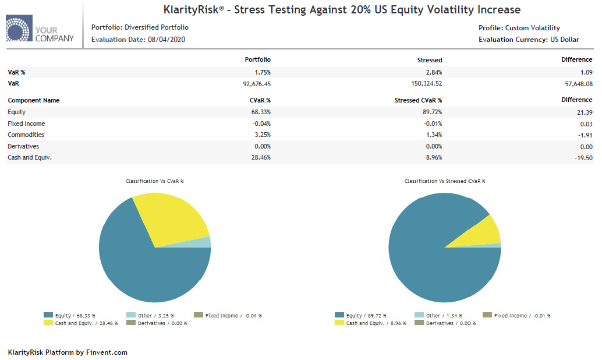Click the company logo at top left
pos(40,30)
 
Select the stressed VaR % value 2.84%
pos(433,72)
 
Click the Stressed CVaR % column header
pos(418,100)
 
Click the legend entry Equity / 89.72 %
pos(360,316)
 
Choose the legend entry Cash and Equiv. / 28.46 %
pos(81,323)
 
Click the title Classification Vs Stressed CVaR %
pos(445,181)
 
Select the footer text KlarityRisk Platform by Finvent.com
pos(68,352)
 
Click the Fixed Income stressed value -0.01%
pos(433,123)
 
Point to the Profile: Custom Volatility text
pos(519,28)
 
